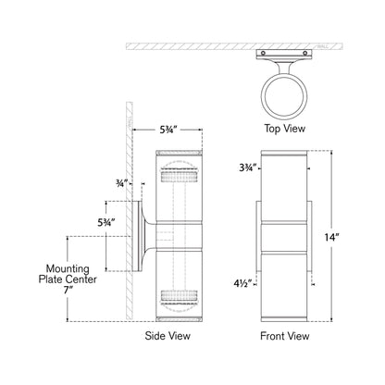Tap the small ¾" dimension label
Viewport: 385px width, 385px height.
122,182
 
